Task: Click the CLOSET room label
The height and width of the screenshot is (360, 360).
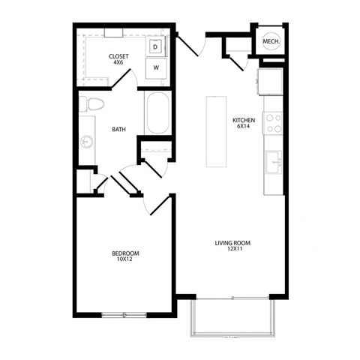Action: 118,56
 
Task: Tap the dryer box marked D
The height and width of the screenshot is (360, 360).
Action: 155,47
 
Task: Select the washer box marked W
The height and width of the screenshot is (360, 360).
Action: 157,67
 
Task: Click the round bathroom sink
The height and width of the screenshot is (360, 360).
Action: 87,140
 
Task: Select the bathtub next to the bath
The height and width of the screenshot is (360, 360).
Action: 157,113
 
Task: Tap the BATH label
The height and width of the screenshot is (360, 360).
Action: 118,130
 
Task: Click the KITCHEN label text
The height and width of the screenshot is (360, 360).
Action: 244,120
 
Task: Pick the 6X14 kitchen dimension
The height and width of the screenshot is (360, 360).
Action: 244,127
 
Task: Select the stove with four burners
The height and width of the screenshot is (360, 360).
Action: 273,123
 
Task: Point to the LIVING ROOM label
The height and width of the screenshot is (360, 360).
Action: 232,243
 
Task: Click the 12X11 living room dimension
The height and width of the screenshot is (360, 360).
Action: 232,250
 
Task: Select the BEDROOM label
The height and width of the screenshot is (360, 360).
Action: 125,253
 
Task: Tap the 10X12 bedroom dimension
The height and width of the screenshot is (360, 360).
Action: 125,260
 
